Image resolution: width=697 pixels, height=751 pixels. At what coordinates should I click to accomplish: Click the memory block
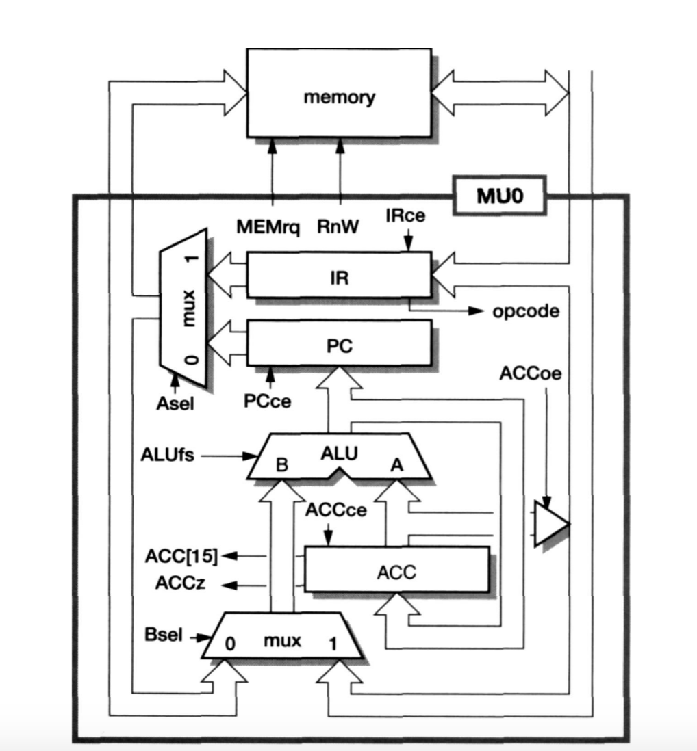click(x=339, y=96)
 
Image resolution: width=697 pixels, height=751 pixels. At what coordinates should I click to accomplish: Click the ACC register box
click(x=396, y=569)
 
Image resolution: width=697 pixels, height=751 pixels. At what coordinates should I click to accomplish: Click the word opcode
click(x=525, y=312)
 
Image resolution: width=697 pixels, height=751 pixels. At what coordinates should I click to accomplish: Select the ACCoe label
click(x=530, y=374)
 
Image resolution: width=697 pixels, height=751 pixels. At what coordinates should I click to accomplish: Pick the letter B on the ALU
click(x=282, y=466)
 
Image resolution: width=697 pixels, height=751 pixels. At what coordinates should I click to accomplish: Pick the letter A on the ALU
click(x=396, y=465)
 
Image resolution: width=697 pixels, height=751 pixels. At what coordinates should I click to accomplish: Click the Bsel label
click(x=164, y=635)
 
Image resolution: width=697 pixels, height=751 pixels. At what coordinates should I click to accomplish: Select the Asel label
click(x=175, y=404)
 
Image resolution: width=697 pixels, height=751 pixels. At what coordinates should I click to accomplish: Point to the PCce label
click(x=267, y=401)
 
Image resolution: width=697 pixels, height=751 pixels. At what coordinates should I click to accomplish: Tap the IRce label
click(x=405, y=216)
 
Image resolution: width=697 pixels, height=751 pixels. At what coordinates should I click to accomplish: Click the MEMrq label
click(x=268, y=227)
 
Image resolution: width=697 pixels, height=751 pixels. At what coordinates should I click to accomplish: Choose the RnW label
click(x=338, y=227)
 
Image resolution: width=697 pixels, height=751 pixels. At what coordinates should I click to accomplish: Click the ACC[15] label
click(x=181, y=556)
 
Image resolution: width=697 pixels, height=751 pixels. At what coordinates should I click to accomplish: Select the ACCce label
click(x=336, y=510)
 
